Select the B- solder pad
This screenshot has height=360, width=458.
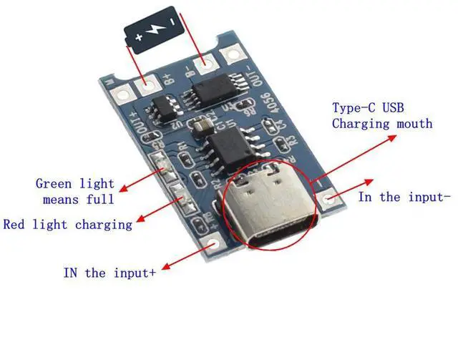(x=206, y=65)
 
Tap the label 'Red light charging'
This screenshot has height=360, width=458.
(x=68, y=224)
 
